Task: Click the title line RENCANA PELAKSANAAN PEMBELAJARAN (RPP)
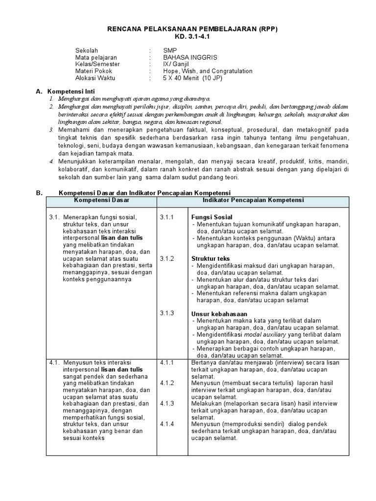[x=192, y=29]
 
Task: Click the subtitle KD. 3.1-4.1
[x=192, y=37]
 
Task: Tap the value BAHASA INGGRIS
[x=190, y=57]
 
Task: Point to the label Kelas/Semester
[x=97, y=64]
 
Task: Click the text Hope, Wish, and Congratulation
[x=208, y=71]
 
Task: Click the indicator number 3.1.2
[x=167, y=258]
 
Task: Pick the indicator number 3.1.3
[x=167, y=313]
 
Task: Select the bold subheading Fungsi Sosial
[x=211, y=217]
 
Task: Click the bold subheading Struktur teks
[x=211, y=258]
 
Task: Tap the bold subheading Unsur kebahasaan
[x=219, y=314]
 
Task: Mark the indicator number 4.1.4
[x=167, y=424]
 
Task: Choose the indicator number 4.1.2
[x=167, y=383]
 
